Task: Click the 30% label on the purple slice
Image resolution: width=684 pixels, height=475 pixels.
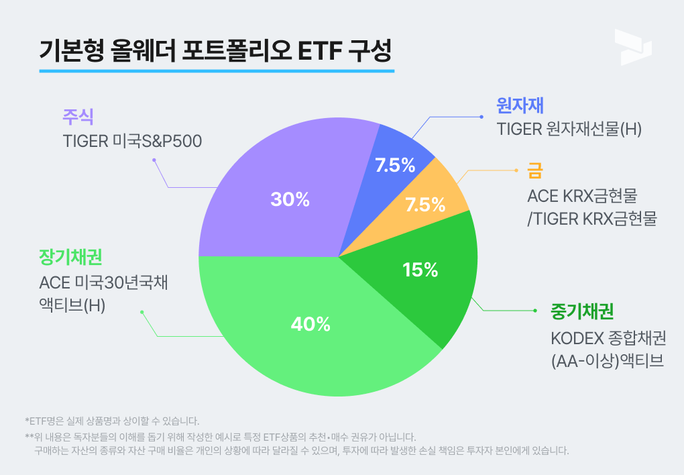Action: tap(290, 199)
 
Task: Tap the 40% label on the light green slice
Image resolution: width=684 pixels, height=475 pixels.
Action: tap(310, 324)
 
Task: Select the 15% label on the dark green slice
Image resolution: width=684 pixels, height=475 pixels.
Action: tap(420, 270)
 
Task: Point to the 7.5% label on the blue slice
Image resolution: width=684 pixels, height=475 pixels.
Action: tap(395, 165)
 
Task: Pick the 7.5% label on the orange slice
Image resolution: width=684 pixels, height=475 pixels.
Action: tap(425, 205)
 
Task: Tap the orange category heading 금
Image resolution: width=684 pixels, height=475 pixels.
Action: tap(534, 171)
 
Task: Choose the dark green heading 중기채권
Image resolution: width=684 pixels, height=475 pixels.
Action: tap(582, 311)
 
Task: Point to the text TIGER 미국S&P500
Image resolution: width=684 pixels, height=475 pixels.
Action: tap(132, 141)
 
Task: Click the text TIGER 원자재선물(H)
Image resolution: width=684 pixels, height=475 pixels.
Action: tap(569, 129)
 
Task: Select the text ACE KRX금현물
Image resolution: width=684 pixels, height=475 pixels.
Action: tap(581, 196)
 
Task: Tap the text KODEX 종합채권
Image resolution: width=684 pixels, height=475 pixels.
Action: tap(608, 337)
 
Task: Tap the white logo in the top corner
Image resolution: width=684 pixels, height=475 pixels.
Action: tap(632, 47)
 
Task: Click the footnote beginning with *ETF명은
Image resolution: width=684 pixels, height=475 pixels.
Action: tap(113, 421)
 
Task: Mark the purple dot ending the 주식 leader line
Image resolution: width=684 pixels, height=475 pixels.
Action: tap(154, 160)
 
